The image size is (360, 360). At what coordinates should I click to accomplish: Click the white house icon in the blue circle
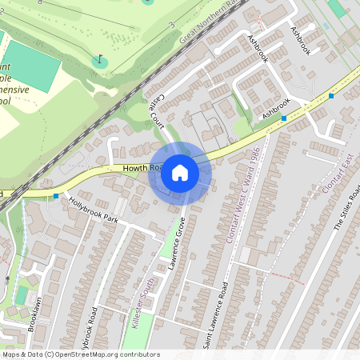tap(180, 173)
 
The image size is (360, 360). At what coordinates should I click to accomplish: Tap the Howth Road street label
tap(143, 169)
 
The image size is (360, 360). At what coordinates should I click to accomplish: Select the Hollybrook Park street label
tap(94, 210)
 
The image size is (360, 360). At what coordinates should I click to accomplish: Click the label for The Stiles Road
tap(348, 208)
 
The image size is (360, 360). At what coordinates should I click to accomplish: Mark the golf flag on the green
tap(99, 58)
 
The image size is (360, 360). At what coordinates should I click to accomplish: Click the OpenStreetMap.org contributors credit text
tap(115, 354)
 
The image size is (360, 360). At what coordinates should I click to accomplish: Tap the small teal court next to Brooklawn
tap(21, 297)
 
